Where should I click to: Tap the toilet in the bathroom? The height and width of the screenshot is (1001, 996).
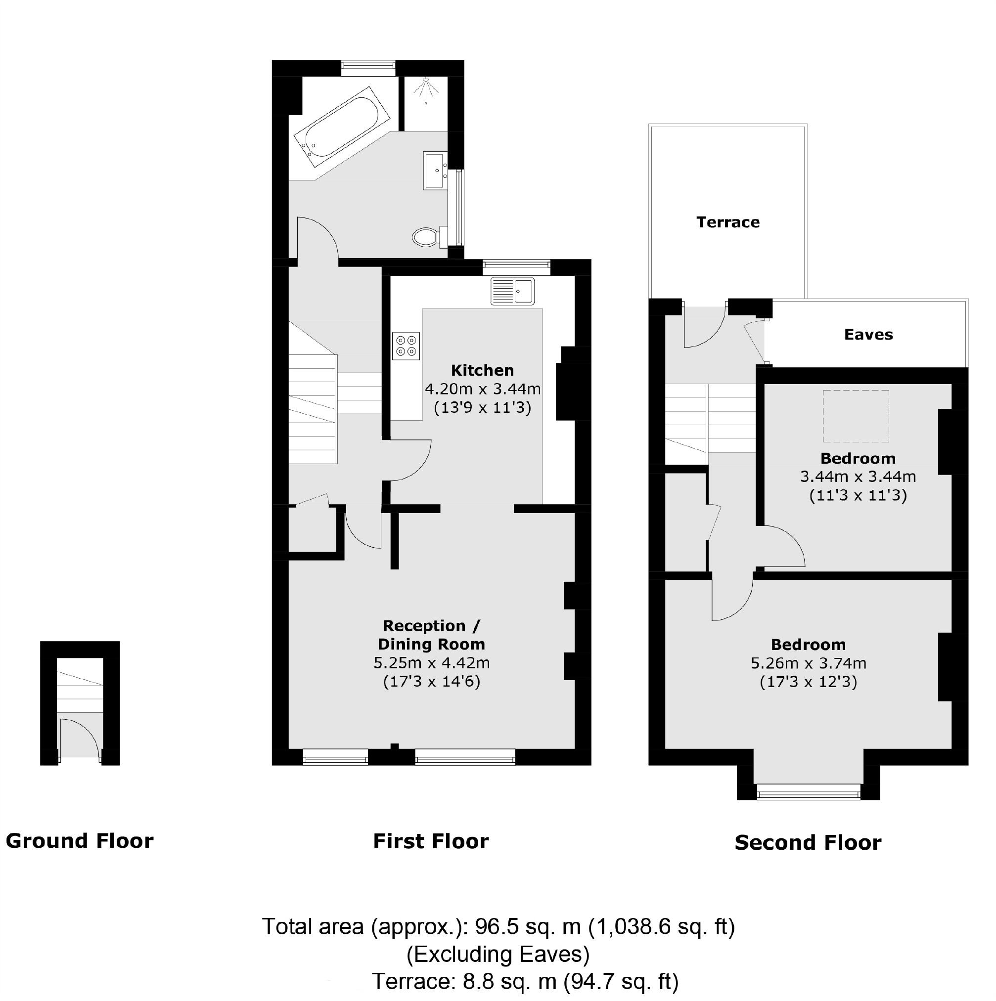pyautogui.click(x=426, y=237)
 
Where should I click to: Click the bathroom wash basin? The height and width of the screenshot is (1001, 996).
pyautogui.click(x=435, y=170)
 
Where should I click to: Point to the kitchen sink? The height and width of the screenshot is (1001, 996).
pyautogui.click(x=512, y=291)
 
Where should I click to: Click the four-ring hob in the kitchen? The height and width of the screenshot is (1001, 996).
pyautogui.click(x=406, y=346)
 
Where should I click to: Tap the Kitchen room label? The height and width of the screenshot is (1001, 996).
pyautogui.click(x=483, y=370)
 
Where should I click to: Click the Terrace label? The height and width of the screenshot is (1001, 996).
pyautogui.click(x=727, y=222)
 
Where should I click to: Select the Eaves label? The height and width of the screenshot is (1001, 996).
pyautogui.click(x=868, y=334)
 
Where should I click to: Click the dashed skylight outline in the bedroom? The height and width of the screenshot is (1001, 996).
pyautogui.click(x=856, y=416)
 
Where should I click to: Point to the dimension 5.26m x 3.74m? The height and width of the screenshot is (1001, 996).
pyautogui.click(x=808, y=663)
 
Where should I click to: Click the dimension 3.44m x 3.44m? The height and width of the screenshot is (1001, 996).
pyautogui.click(x=858, y=476)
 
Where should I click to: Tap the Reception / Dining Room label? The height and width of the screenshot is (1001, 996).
pyautogui.click(x=431, y=635)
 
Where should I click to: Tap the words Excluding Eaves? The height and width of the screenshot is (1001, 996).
pyautogui.click(x=498, y=954)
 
